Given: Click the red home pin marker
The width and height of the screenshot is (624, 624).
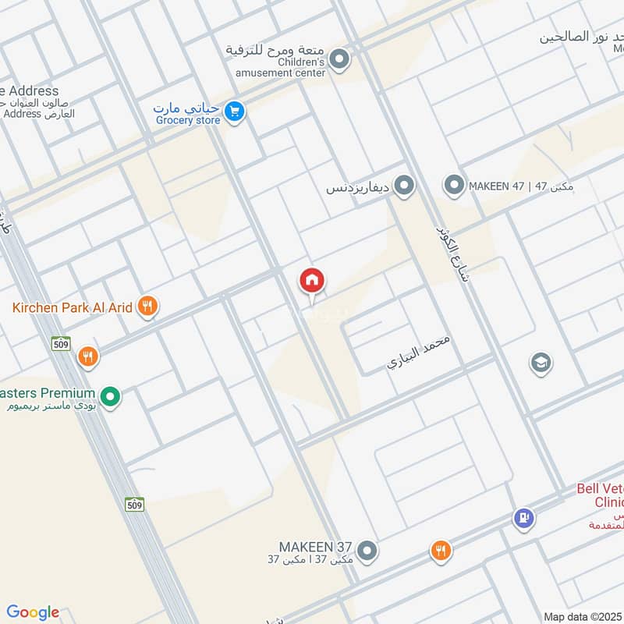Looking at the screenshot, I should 312,281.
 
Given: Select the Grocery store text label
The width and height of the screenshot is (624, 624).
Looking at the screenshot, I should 188,120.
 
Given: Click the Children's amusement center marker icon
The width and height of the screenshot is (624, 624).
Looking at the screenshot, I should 339,59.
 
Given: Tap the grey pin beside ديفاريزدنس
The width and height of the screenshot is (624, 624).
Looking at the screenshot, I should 403,186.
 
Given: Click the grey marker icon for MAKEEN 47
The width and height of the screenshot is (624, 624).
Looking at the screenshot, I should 454,186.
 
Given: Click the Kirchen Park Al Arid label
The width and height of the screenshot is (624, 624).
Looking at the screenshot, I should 72,307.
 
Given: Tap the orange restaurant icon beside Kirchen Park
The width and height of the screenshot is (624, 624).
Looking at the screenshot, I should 147,307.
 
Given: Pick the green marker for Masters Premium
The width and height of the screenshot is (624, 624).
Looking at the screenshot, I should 111,398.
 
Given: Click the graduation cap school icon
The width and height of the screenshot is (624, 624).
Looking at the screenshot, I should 540,362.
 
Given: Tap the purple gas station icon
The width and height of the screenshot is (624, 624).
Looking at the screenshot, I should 523,517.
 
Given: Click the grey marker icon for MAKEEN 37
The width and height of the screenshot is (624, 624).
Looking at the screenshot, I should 368,551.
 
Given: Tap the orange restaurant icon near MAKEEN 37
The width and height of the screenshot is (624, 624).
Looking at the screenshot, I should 441,551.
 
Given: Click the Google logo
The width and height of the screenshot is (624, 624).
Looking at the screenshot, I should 33,612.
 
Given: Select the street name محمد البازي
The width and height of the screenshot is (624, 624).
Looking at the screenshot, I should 420,353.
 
